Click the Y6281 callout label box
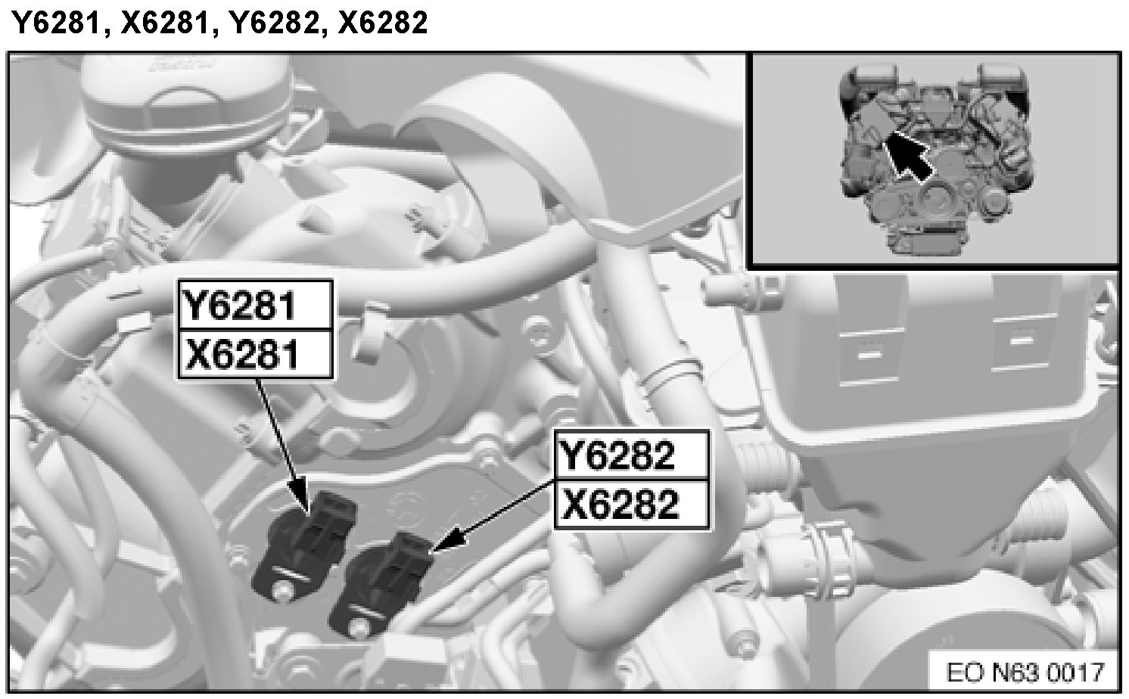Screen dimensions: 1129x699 pos(256,306)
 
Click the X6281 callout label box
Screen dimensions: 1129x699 pos(256,354)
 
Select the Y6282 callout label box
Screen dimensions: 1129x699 pos(632,455)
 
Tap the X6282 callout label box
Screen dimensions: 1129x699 pos(632,504)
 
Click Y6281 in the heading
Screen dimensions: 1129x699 pos(55,23)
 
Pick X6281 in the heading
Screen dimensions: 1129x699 pos(163,23)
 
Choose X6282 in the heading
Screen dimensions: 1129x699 pos(383,23)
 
